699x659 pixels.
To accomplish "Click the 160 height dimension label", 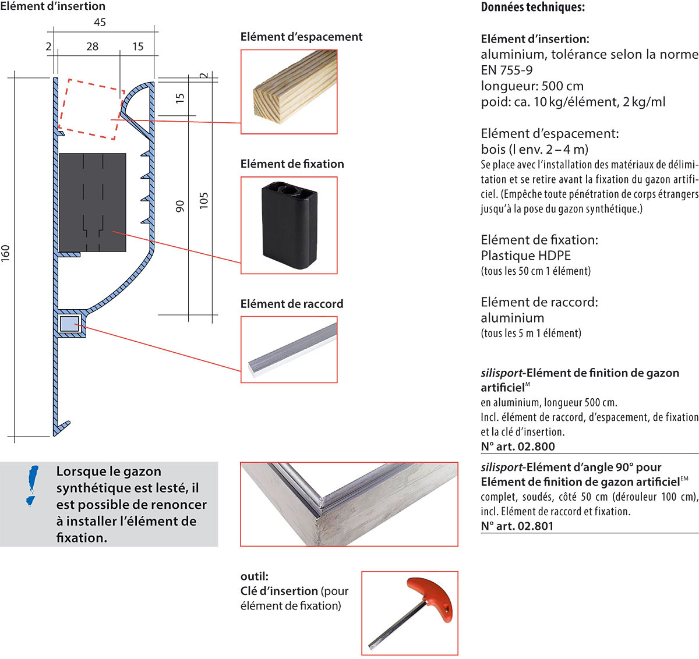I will pyautogui.click(x=6, y=253).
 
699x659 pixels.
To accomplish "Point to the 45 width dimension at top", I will pyautogui.click(x=100, y=22).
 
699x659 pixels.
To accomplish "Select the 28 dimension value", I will pyautogui.click(x=92, y=47).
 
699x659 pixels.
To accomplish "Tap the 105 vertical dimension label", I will pyautogui.click(x=203, y=200).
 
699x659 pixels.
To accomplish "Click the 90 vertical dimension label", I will pyautogui.click(x=180, y=206).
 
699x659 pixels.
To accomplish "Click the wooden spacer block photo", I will pyautogui.click(x=289, y=91).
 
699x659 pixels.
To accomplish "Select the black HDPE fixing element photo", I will pyautogui.click(x=289, y=225).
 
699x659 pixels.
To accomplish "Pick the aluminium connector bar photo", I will pyautogui.click(x=289, y=349).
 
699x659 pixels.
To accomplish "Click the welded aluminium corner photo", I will pyautogui.click(x=349, y=504).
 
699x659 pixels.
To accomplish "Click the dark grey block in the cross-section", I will pyautogui.click(x=93, y=202).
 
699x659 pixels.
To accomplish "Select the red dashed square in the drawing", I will pyautogui.click(x=92, y=109).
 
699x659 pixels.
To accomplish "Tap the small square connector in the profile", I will pyautogui.click(x=69, y=324).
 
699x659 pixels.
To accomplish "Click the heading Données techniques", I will pyautogui.click(x=532, y=8).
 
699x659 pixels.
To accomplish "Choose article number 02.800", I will pyautogui.click(x=518, y=447).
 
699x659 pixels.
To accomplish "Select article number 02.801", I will pyautogui.click(x=517, y=526).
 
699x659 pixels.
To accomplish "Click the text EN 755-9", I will pyautogui.click(x=506, y=70).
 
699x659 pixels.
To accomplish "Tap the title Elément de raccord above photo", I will pyautogui.click(x=292, y=304).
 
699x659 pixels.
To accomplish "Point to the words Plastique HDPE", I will pyautogui.click(x=525, y=256).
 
